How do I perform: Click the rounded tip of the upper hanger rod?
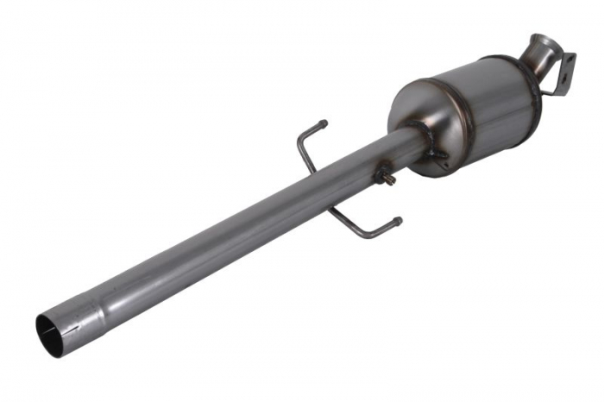click(x=324, y=122)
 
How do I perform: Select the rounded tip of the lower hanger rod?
click(x=398, y=221)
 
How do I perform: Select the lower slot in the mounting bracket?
click(x=558, y=79)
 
